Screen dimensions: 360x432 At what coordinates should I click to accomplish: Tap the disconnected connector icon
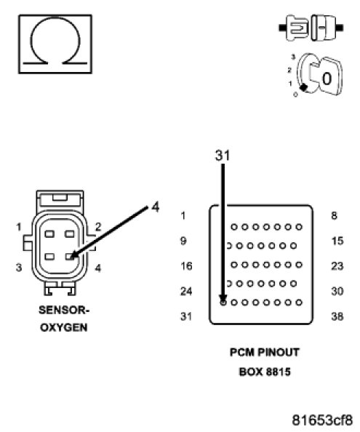(x=311, y=28)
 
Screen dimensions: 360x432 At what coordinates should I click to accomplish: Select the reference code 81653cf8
(x=322, y=420)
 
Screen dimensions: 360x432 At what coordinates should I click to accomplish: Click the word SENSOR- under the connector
(x=64, y=311)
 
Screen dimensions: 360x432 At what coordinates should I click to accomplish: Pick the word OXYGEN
(x=63, y=327)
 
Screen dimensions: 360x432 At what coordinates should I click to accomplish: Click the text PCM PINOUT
(x=265, y=353)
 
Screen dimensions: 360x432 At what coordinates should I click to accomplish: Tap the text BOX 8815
(x=265, y=372)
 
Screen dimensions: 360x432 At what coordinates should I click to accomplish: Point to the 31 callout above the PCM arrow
(x=223, y=156)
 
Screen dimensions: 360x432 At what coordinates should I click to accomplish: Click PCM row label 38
(x=337, y=316)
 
